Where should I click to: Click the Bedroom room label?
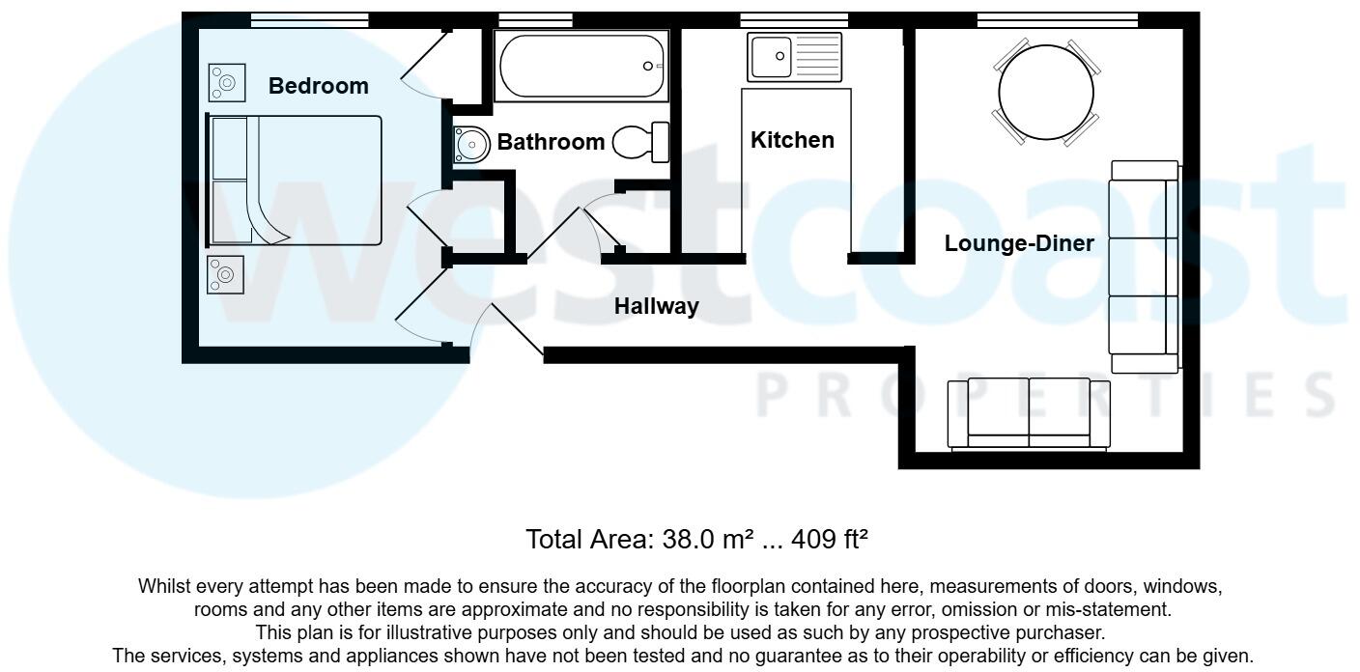[x=318, y=86]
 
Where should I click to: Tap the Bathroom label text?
[x=551, y=143]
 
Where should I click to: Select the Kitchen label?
[x=792, y=140]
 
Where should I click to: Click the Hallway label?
[x=657, y=307]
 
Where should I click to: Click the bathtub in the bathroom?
[x=580, y=66]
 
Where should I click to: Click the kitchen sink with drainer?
[x=794, y=57]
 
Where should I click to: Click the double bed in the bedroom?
[x=295, y=181]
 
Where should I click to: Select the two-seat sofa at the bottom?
[x=1029, y=414]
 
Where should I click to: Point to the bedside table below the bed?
[x=225, y=275]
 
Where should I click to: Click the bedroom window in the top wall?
[x=309, y=19]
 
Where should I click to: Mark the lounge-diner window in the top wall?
[x=1057, y=19]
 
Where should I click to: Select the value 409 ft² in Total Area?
[x=829, y=539]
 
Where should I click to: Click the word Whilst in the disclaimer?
[x=165, y=586]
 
